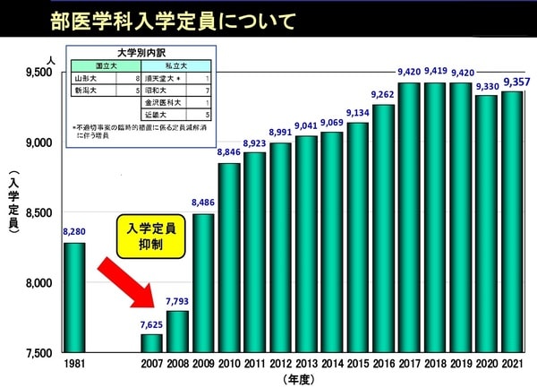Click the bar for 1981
pos(74,297)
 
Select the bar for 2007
pos(152,342)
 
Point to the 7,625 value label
pos(152,324)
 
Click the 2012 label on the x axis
pos(281,364)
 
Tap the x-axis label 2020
pos(486,364)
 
